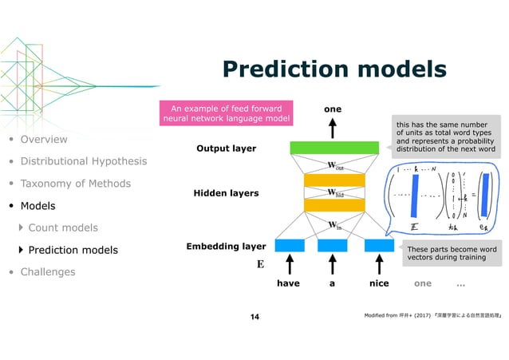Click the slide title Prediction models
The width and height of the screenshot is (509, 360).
coord(333,69)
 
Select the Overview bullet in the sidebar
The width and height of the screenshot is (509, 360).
coord(44,140)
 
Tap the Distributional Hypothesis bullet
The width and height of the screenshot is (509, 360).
coord(83,161)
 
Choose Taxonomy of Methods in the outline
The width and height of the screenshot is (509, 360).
coord(77,184)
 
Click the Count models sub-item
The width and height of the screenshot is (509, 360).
coord(63,227)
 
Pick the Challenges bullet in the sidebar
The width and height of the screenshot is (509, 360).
coord(48,271)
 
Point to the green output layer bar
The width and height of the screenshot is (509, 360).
coord(333,148)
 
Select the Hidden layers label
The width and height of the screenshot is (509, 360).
coord(227,193)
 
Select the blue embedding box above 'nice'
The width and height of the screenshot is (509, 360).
coord(378,245)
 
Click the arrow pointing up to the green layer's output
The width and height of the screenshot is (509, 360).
coord(333,128)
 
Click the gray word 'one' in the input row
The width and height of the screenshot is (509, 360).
coord(423,283)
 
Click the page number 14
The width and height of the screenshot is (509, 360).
coord(254,318)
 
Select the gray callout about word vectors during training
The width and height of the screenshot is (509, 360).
coord(452,253)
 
